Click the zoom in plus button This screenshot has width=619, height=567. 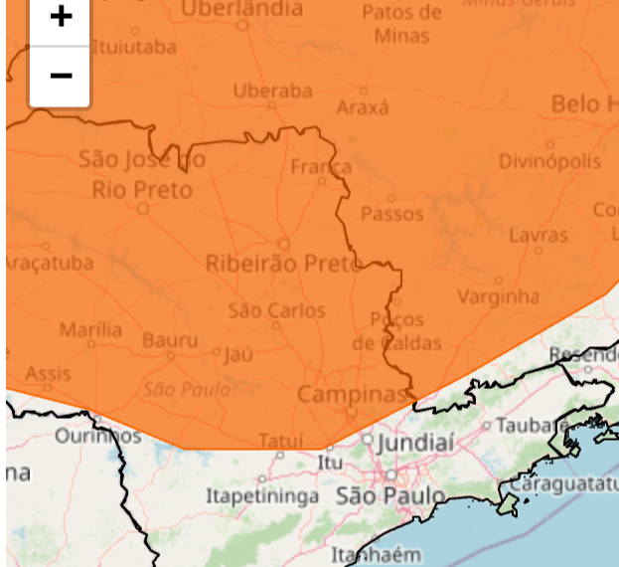click(61, 17)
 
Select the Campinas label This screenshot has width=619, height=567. click(353, 394)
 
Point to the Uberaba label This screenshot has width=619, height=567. click(272, 91)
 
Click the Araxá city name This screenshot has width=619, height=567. click(363, 107)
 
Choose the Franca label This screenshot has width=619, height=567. click(321, 166)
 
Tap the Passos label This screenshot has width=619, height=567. click(391, 214)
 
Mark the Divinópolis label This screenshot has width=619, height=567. click(549, 161)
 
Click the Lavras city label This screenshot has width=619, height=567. click(539, 236)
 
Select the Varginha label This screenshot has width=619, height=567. click(498, 296)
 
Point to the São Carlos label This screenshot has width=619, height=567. click(276, 310)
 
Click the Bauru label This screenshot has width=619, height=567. click(170, 340)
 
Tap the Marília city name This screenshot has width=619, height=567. click(90, 329)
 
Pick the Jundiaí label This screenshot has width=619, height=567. click(415, 442)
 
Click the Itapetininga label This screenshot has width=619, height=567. click(262, 495)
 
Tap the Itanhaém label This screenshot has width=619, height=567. click(376, 555)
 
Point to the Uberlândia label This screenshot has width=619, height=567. click(241, 9)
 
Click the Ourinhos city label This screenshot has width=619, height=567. click(97, 436)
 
